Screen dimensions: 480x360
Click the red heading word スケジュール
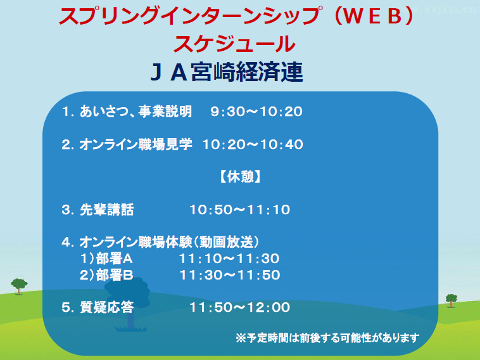[234, 44]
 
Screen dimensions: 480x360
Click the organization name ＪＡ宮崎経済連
[227, 72]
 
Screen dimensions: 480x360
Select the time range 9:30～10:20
[256, 112]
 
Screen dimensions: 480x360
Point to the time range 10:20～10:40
[253, 145]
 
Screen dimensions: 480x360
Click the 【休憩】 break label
[240, 177]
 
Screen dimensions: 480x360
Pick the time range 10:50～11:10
[240, 210]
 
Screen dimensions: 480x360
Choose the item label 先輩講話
[107, 210]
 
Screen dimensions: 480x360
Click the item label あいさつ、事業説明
[136, 112]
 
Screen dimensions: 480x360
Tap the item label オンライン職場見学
[136, 145]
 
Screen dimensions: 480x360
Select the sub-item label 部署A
[115, 259]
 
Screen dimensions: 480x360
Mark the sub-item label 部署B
[115, 275]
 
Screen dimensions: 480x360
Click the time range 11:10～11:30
[229, 259]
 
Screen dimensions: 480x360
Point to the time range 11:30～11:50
[230, 275]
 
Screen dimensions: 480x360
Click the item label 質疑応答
[107, 307]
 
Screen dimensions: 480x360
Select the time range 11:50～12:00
[240, 307]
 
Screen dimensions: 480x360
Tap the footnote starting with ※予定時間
[327, 338]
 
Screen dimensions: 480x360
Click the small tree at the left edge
[19, 286]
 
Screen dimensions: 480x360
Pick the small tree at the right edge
[452, 300]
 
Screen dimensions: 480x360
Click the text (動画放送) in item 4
[227, 242]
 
